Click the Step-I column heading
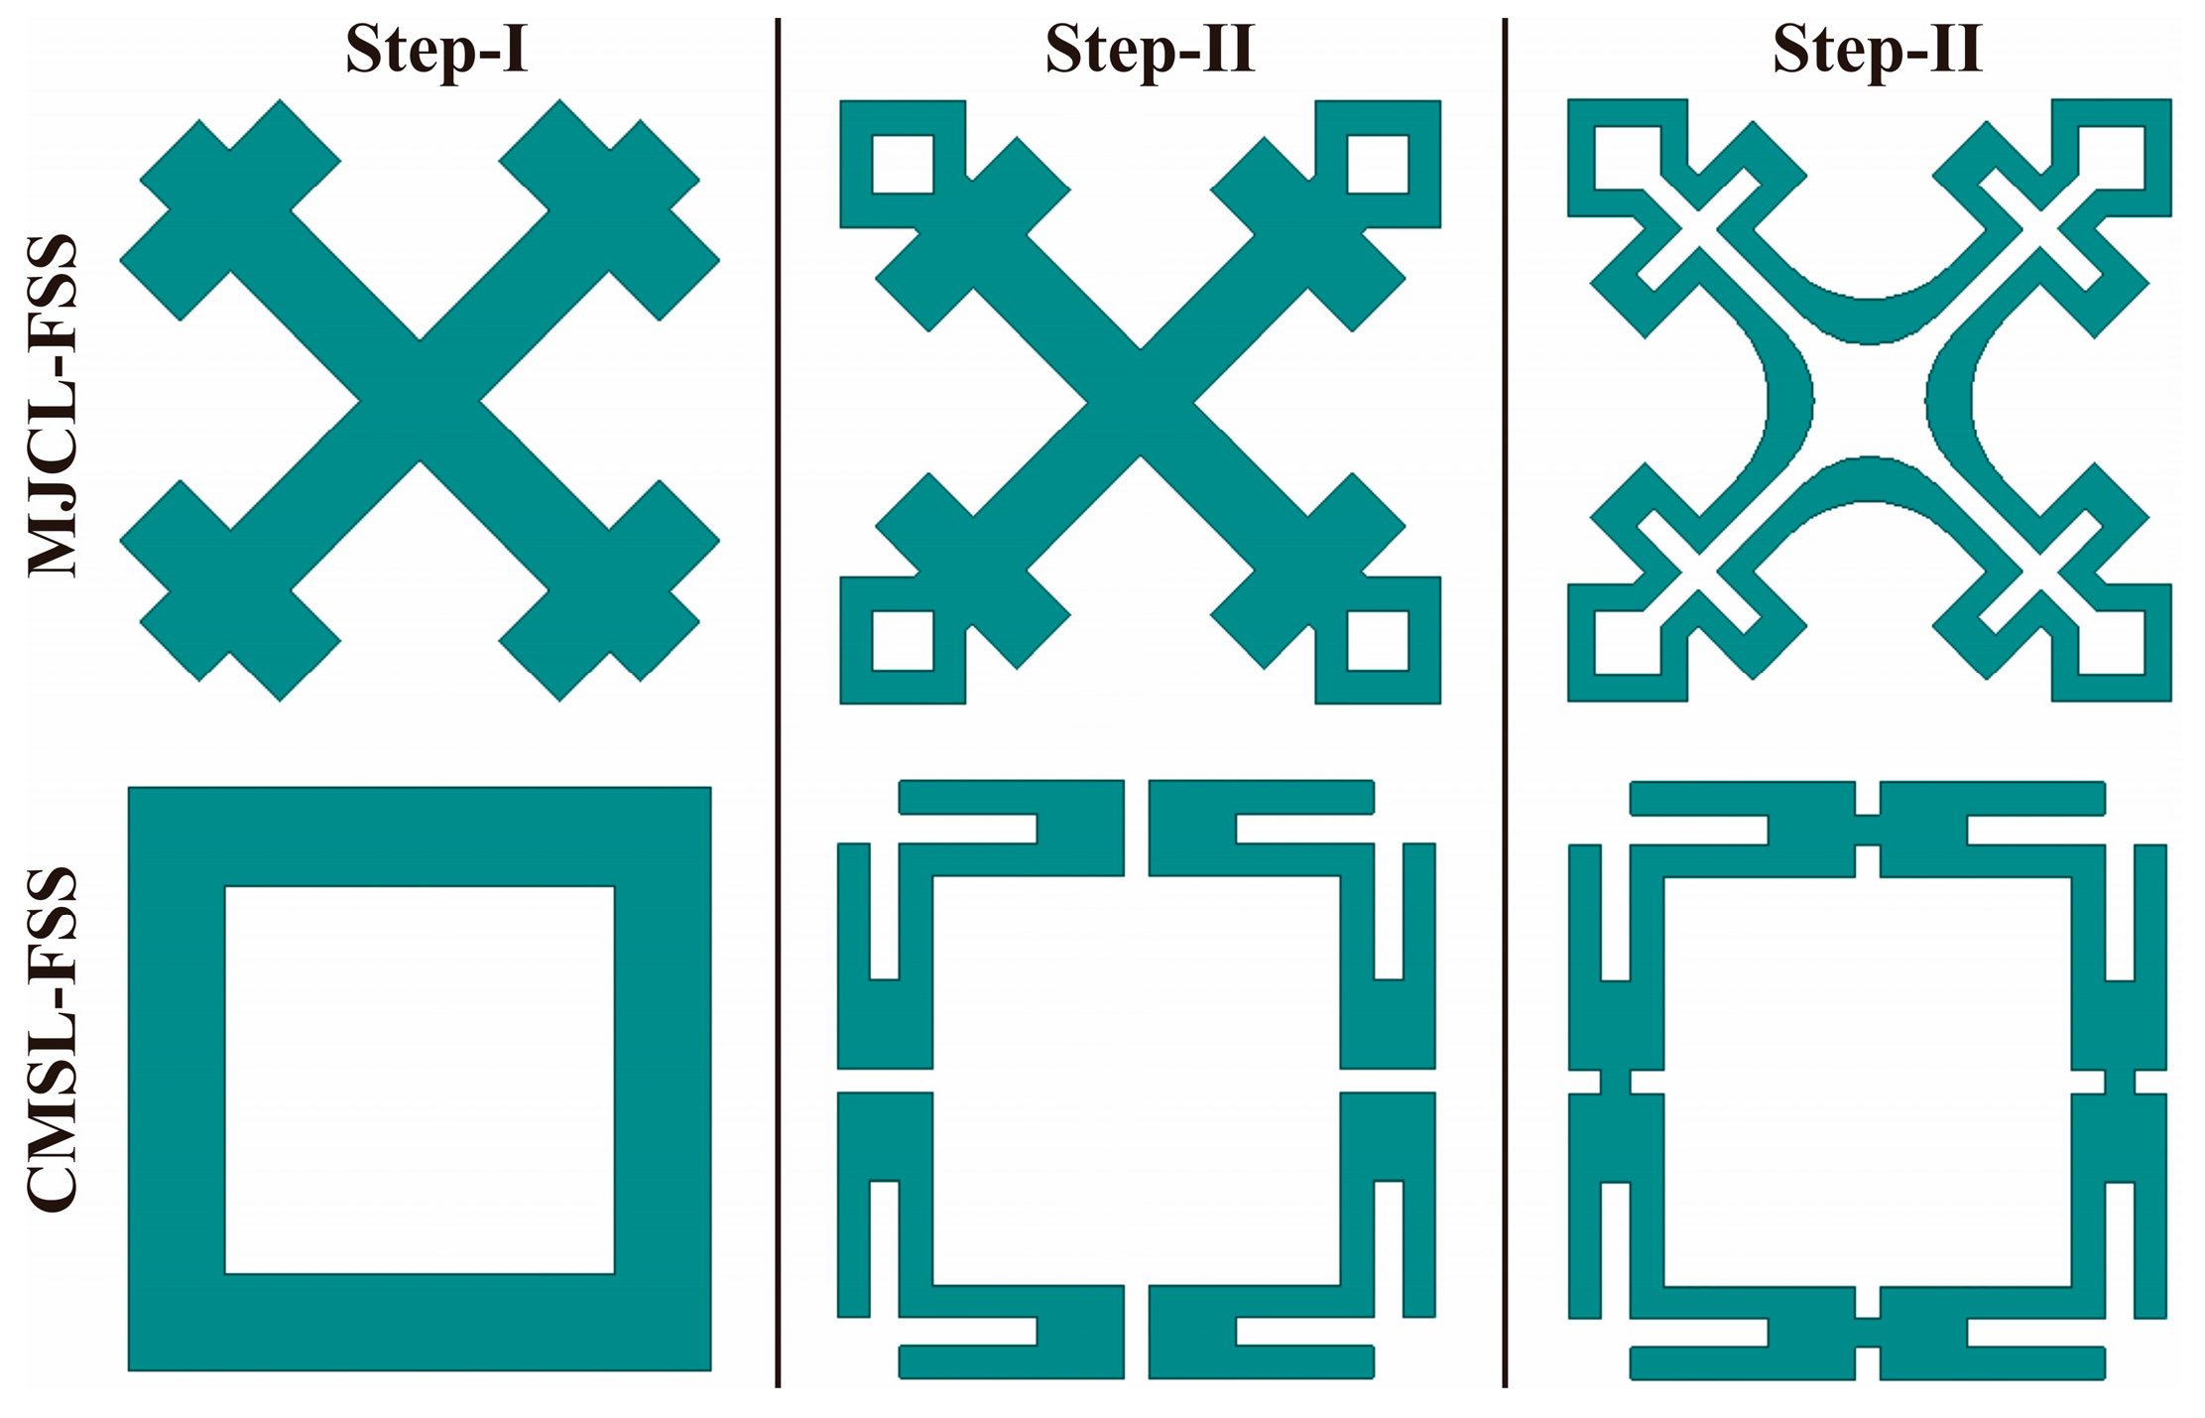click(436, 50)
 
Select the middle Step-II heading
click(1150, 49)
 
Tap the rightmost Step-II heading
click(1877, 49)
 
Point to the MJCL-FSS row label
click(52, 405)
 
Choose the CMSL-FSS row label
click(52, 1039)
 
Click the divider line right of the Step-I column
click(778, 702)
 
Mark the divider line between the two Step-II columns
click(1505, 702)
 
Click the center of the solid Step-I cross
click(420, 401)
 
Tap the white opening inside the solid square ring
click(420, 1080)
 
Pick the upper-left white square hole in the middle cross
click(903, 164)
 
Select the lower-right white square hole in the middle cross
click(1378, 640)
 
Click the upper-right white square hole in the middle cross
click(1378, 164)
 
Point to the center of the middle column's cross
click(1141, 402)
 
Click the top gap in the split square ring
click(1137, 829)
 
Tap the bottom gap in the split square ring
click(1137, 1332)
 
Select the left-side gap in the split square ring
click(886, 1081)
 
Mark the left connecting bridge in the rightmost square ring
click(1616, 1082)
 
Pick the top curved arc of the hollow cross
click(1870, 320)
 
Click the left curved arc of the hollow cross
click(1790, 402)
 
